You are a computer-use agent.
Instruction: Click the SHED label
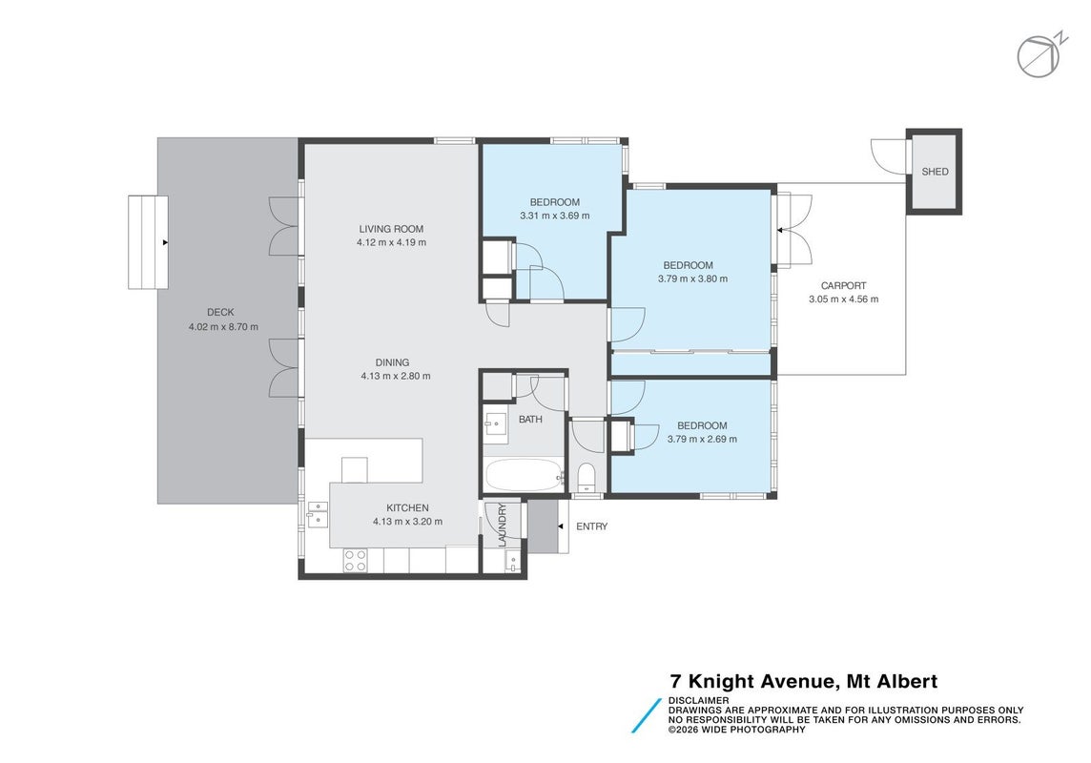(935, 172)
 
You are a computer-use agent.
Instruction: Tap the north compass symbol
(1041, 55)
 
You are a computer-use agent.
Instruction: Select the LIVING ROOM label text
(391, 229)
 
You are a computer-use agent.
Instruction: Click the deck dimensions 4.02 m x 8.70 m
(223, 327)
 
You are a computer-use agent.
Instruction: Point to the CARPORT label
(843, 286)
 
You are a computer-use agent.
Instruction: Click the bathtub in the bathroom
(524, 475)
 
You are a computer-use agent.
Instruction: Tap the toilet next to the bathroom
(586, 477)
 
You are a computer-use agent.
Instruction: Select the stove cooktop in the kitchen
(355, 560)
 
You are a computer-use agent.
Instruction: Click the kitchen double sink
(318, 515)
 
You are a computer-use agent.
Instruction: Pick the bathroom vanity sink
(496, 423)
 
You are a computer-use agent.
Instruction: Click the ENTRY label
(591, 526)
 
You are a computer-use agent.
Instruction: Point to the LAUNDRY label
(503, 526)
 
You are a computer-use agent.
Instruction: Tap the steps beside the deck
(148, 242)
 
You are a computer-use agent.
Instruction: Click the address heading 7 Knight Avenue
(804, 682)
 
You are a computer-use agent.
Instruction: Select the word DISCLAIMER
(699, 700)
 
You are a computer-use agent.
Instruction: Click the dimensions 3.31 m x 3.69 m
(554, 216)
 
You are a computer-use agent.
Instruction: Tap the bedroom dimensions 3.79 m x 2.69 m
(702, 439)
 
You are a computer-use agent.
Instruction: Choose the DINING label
(392, 362)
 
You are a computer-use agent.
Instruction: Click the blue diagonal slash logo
(647, 715)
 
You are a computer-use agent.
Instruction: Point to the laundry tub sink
(512, 562)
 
